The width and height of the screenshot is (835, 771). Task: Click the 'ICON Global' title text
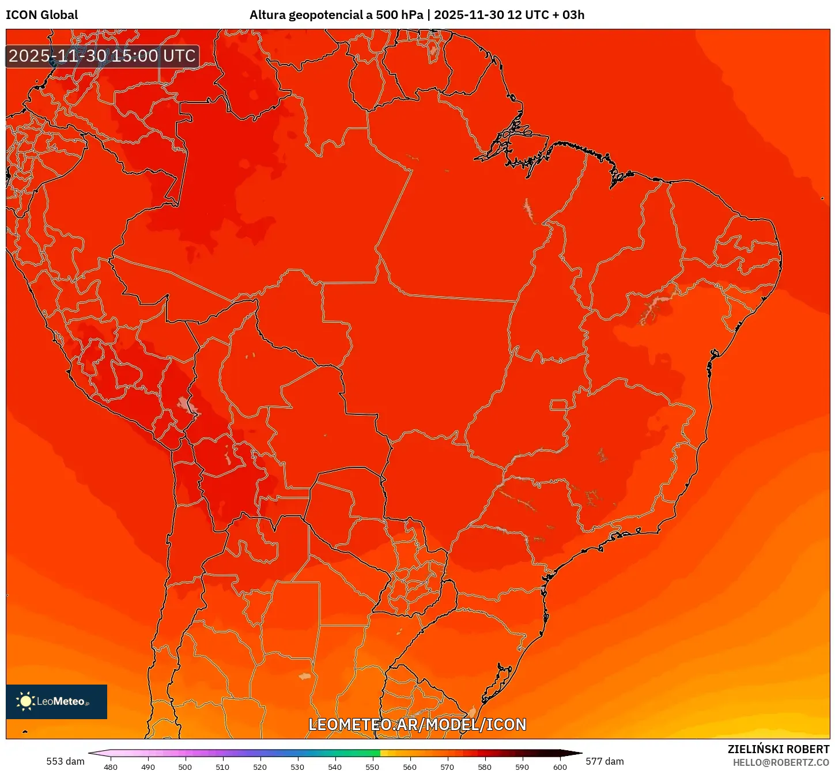click(x=41, y=15)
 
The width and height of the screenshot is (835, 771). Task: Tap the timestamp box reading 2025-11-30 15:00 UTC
click(x=102, y=56)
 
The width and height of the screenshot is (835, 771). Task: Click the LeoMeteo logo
click(x=56, y=701)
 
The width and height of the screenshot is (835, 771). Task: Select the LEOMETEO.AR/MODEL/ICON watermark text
click(x=417, y=724)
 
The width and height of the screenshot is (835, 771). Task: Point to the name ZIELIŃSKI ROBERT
click(x=778, y=749)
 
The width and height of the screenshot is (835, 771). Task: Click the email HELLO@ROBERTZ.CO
click(x=781, y=762)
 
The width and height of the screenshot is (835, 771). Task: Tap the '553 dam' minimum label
click(x=65, y=761)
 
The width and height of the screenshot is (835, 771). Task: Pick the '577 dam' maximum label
click(x=604, y=761)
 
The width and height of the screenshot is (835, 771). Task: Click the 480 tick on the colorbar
click(x=111, y=767)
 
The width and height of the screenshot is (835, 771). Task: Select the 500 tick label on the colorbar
click(x=185, y=767)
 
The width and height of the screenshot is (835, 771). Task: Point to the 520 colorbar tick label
click(x=260, y=767)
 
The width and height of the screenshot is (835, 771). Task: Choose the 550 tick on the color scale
click(x=372, y=767)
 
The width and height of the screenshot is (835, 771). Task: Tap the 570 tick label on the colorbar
click(x=447, y=767)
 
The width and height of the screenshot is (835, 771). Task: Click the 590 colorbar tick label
click(x=522, y=767)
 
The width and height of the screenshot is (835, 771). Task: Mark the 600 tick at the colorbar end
click(x=560, y=767)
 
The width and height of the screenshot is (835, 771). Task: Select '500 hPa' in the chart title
click(x=399, y=15)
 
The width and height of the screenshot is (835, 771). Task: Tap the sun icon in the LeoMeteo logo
click(x=25, y=701)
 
